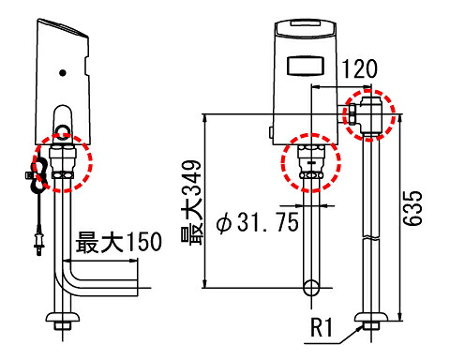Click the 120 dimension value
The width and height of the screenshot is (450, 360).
point(360,69)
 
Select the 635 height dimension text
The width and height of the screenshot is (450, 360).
point(412,208)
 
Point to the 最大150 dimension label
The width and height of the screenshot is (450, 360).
point(119,242)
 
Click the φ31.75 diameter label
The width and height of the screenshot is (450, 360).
point(258,222)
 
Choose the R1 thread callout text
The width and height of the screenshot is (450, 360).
point(322,327)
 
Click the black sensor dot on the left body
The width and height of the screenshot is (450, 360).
point(63,73)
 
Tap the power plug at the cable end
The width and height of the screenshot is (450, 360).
point(39,243)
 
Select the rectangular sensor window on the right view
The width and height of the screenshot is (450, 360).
point(305,66)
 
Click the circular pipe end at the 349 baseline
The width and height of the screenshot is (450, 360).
point(311,288)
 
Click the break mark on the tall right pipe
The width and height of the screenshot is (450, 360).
point(371,237)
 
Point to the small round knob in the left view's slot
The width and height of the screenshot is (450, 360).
point(63,129)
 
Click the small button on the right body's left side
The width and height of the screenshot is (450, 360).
point(271,132)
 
